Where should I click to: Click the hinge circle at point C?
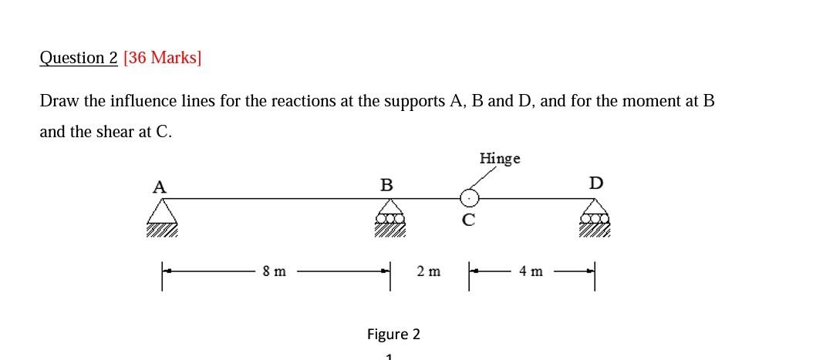470,199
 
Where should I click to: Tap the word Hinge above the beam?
500,158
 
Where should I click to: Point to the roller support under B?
391,213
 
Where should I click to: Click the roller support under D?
595,213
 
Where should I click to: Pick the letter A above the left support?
160,186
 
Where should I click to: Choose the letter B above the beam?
386,185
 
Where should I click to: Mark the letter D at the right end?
596,183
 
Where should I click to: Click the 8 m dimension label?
274,271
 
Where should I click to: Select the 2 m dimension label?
428,271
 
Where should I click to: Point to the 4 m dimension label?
532,271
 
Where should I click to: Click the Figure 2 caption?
393,334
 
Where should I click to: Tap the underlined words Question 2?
79,58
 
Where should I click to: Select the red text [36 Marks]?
162,58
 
